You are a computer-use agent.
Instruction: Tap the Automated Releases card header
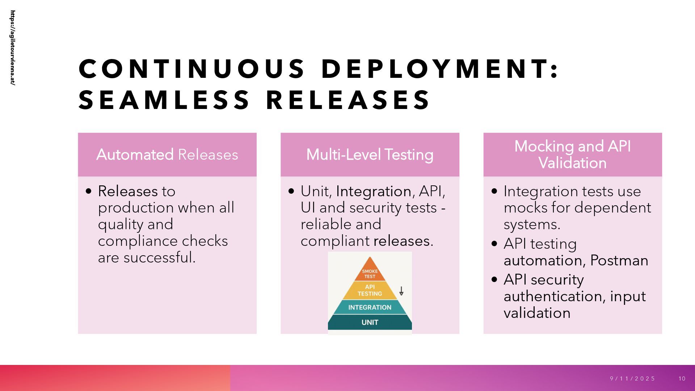tap(167, 155)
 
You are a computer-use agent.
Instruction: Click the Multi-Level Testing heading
tap(370, 155)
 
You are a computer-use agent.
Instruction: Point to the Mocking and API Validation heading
tap(572, 155)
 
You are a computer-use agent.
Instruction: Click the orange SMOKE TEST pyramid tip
tap(370, 272)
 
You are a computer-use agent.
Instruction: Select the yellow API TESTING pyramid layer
tap(370, 290)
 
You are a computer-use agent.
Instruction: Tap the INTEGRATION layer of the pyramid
tap(370, 307)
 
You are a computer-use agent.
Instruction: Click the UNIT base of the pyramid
tap(370, 322)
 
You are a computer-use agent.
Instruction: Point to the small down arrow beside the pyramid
tap(401, 291)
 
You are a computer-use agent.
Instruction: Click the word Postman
tap(619, 261)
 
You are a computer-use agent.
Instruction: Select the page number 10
tap(682, 379)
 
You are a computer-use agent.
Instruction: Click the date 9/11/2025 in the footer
tap(632, 379)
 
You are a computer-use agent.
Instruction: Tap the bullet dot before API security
tap(495, 279)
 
